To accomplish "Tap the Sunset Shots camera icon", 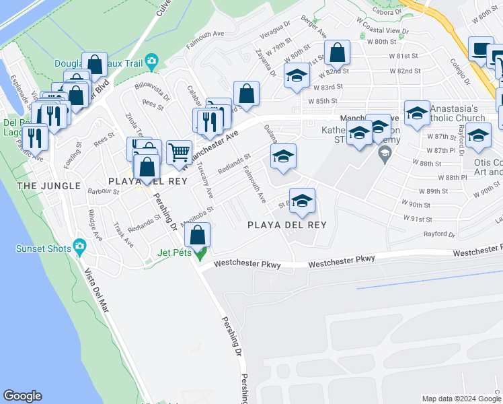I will pos(79,247).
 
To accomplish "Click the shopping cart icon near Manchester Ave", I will pos(179,151).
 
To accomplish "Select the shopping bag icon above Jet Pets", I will pos(197,235).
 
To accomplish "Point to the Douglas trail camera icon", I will pos(151,62).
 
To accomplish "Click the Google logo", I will pos(22,396).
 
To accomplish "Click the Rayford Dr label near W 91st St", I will pos(438,235).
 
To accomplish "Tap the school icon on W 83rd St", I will pos(296,76).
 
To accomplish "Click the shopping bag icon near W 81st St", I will pos(337,52).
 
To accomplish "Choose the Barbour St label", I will pos(103,192).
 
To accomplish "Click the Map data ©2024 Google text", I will pos(460,399).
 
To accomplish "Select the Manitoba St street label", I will pos(196,213).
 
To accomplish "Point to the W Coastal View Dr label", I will pos(383,31).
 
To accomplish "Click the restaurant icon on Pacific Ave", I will pos(34,138).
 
